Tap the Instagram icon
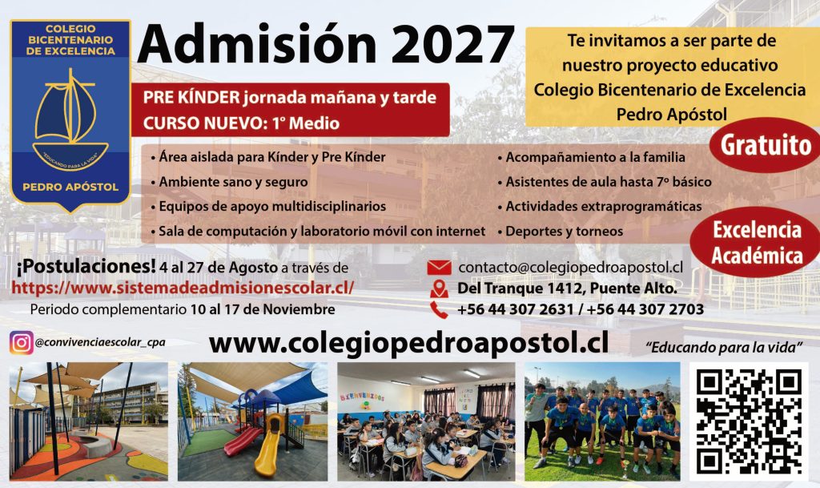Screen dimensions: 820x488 (x=21, y=343)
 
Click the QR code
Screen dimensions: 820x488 (x=749, y=421)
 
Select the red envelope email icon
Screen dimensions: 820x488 (x=439, y=268)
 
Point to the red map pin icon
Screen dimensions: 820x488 (x=439, y=288)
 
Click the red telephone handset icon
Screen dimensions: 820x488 (x=439, y=309)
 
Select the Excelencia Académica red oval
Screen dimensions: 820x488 (x=756, y=243)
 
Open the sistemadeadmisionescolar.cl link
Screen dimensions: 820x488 (x=183, y=288)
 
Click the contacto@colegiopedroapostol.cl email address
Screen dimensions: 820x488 (x=570, y=268)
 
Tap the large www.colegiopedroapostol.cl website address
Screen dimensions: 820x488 (x=408, y=343)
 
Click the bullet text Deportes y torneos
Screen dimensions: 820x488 (x=564, y=232)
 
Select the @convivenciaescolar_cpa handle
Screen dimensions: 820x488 (x=100, y=343)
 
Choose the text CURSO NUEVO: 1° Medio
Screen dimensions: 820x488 (x=241, y=123)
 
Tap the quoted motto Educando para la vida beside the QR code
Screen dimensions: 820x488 (x=724, y=347)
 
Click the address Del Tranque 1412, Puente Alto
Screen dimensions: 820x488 (x=567, y=288)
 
